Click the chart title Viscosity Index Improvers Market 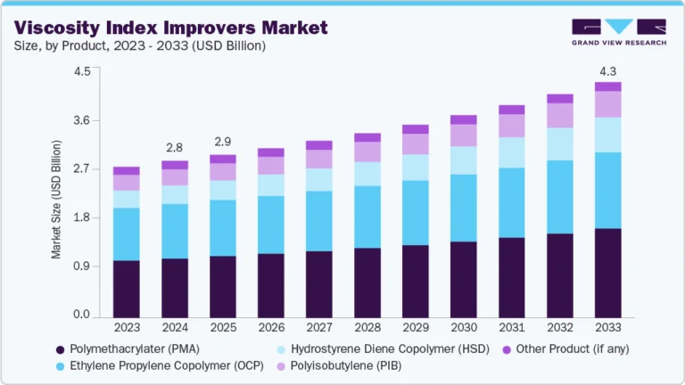coord(169,27)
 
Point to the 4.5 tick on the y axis coord(81,72)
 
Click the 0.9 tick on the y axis coord(81,266)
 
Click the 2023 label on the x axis coord(127,328)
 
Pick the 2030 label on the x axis coord(463,328)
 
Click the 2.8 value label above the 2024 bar coord(175,147)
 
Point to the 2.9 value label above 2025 coord(223,142)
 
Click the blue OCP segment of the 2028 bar coord(367,217)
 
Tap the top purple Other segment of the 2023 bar coord(127,170)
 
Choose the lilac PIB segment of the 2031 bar coord(511,126)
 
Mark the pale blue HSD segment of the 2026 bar coord(271,184)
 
